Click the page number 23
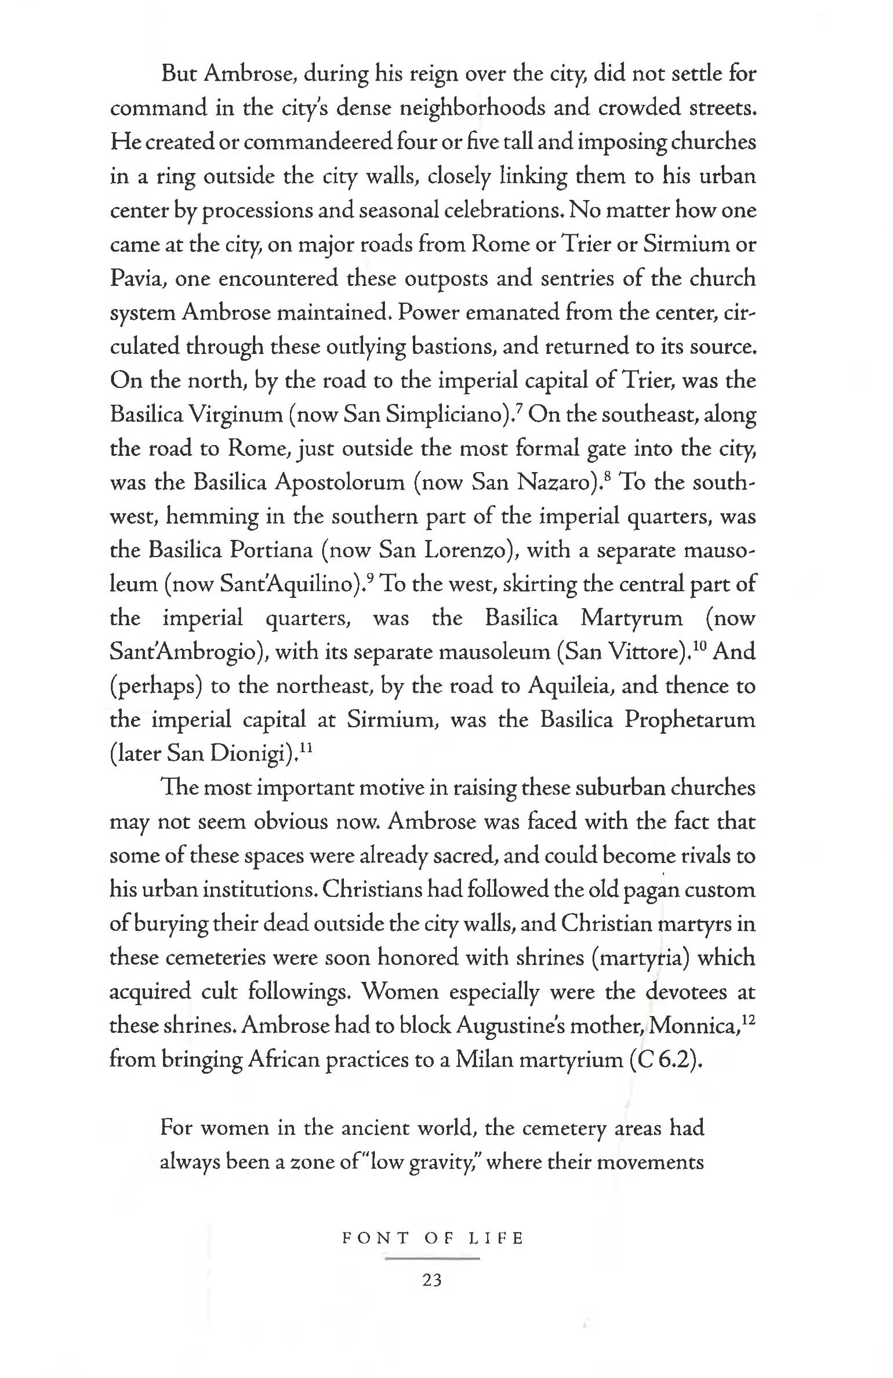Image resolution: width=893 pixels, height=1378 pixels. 433,1280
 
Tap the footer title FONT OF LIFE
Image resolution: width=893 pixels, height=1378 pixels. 433,1239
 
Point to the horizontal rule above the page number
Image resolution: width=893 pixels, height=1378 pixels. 433,1259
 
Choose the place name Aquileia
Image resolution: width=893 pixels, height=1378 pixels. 568,686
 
